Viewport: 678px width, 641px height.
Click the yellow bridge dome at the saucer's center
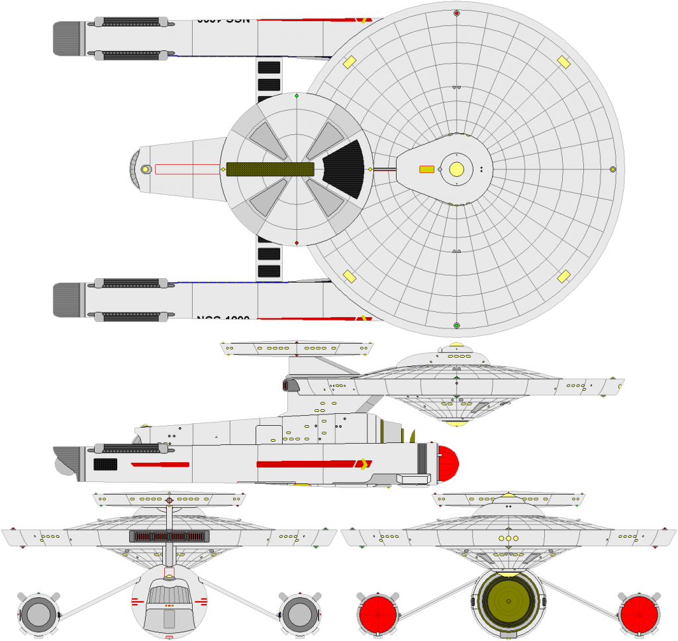[x=456, y=169]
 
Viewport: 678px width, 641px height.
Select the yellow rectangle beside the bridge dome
[x=427, y=169]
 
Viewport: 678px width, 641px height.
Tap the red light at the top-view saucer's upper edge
[x=456, y=13]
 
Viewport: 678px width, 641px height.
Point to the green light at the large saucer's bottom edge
[x=456, y=325]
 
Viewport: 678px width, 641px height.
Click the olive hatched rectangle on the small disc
[x=270, y=169]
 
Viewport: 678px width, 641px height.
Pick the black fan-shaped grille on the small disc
[x=345, y=169]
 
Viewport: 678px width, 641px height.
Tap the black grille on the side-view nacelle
[x=105, y=464]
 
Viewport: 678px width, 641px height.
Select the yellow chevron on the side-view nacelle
[x=363, y=464]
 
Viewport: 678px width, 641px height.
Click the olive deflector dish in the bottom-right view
[x=508, y=601]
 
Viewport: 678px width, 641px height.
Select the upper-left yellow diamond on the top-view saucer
[x=350, y=62]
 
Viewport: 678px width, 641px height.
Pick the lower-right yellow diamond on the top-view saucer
[x=563, y=276]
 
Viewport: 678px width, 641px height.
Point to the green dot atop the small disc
[x=296, y=96]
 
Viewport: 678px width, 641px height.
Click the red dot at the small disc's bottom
[x=296, y=243]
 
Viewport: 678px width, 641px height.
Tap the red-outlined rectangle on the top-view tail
[x=187, y=170]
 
